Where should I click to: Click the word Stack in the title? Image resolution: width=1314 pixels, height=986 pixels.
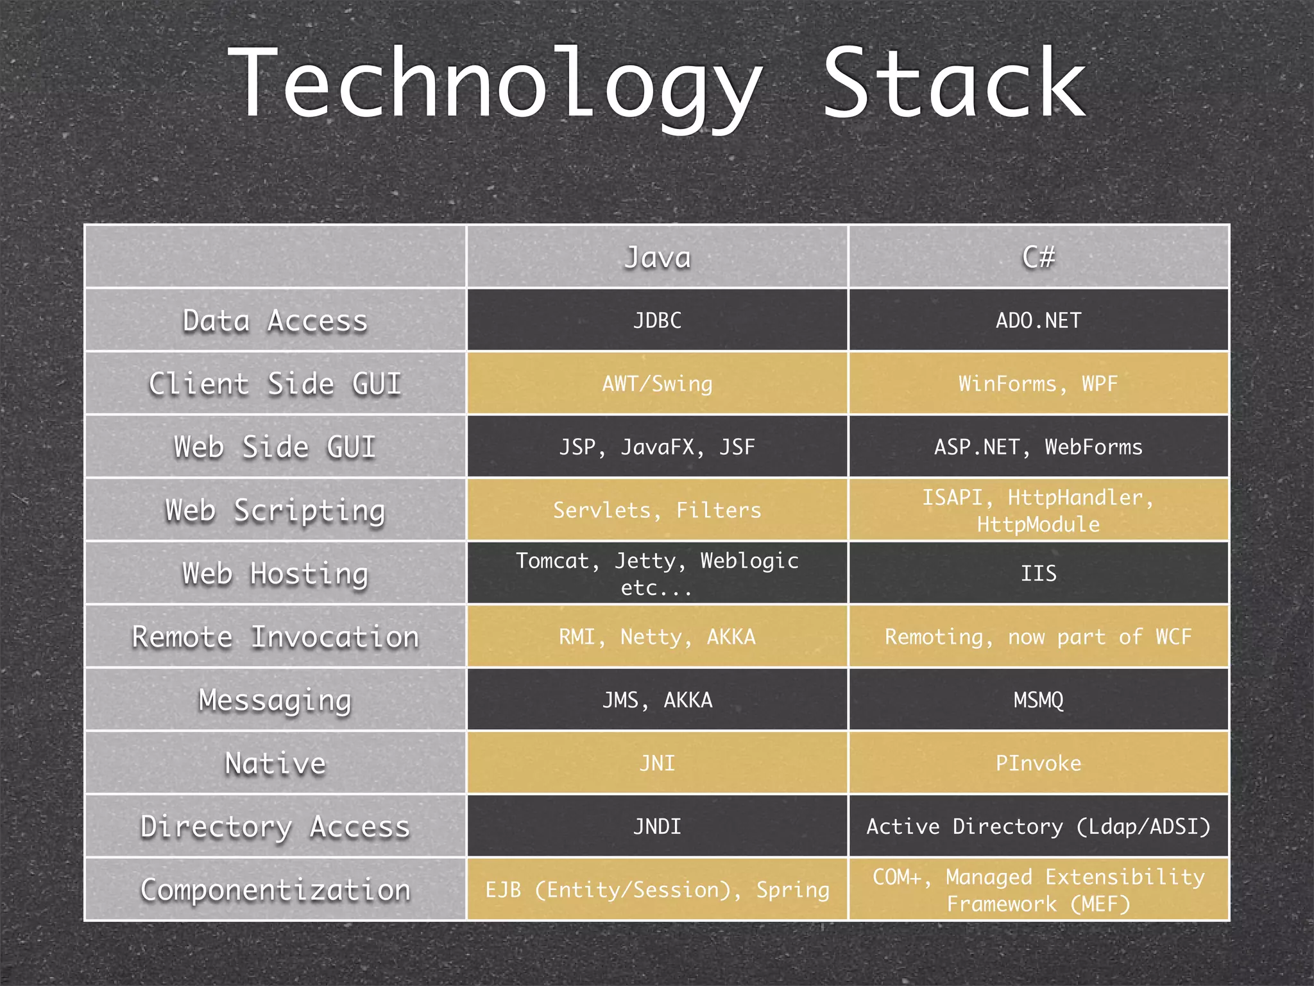click(955, 83)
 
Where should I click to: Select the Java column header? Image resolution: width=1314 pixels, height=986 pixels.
click(657, 257)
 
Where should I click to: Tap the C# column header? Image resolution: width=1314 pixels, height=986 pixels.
click(1038, 257)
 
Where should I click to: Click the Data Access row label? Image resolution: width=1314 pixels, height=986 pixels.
click(275, 320)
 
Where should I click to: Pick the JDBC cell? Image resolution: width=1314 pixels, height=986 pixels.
click(657, 320)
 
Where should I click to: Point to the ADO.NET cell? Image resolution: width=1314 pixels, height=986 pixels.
click(1038, 320)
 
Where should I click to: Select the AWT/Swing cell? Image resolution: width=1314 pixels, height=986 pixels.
click(657, 384)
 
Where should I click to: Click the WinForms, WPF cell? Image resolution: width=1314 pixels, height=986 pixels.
click(1038, 384)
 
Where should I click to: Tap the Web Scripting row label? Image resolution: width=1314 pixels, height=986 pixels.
click(275, 510)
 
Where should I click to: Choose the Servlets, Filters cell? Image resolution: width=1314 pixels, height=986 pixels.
click(657, 510)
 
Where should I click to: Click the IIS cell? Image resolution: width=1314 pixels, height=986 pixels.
click(1038, 573)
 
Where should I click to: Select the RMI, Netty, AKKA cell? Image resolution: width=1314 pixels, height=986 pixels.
click(657, 637)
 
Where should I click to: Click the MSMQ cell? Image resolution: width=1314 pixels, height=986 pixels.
click(1038, 700)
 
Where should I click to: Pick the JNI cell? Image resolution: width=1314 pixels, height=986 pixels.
click(657, 763)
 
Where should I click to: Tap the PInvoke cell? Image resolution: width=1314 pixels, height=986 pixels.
click(1038, 763)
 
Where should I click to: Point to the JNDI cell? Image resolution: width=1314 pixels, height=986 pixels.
click(657, 826)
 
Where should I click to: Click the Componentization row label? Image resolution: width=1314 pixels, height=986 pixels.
click(275, 890)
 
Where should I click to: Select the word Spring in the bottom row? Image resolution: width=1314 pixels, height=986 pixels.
click(792, 890)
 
